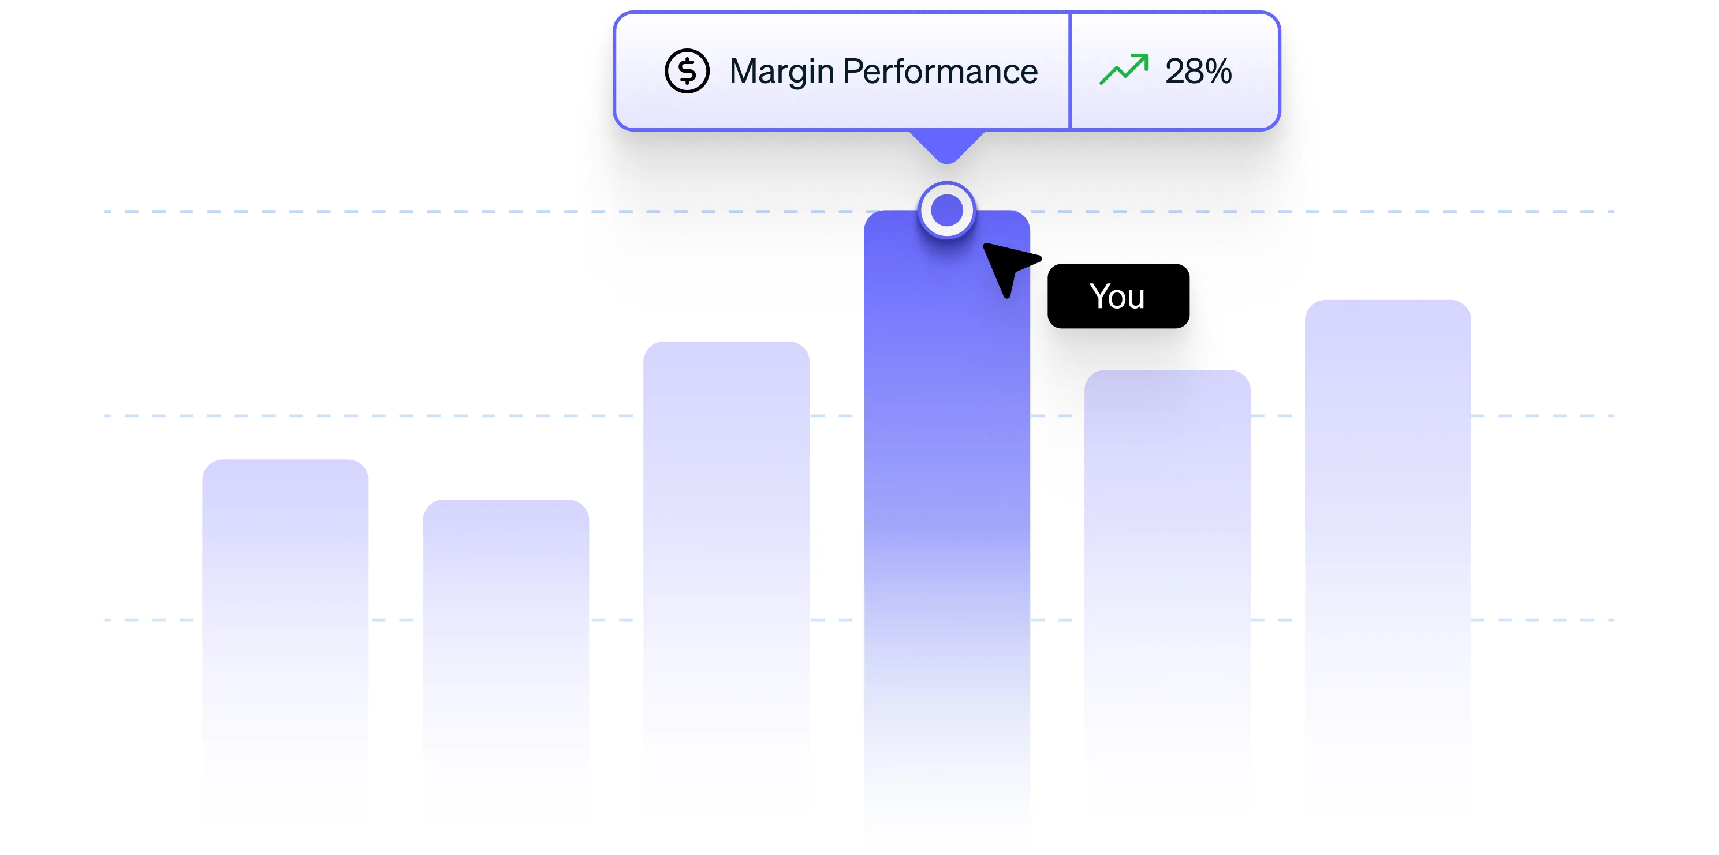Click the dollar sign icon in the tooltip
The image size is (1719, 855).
pyautogui.click(x=687, y=72)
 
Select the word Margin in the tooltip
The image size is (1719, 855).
pyautogui.click(x=781, y=72)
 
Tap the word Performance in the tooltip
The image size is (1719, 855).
pyautogui.click(x=939, y=72)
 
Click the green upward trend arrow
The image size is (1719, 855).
pyautogui.click(x=1124, y=69)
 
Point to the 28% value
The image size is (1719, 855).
pyautogui.click(x=1198, y=72)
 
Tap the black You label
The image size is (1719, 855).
pyautogui.click(x=1118, y=297)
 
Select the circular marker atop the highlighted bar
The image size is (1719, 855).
pyautogui.click(x=947, y=211)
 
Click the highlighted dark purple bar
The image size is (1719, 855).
pyautogui.click(x=947, y=467)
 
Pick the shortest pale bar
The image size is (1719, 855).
pyautogui.click(x=506, y=633)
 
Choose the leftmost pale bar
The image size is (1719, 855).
pyautogui.click(x=284, y=600)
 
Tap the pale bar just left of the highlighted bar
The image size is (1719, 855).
pyautogui.click(x=728, y=534)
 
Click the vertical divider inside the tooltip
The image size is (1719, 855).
pyautogui.click(x=1070, y=72)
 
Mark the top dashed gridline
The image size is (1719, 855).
pyautogui.click(x=400, y=212)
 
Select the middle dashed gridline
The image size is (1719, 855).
pyautogui.click(x=400, y=415)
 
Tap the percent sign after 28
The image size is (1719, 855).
pyautogui.click(x=1218, y=72)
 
